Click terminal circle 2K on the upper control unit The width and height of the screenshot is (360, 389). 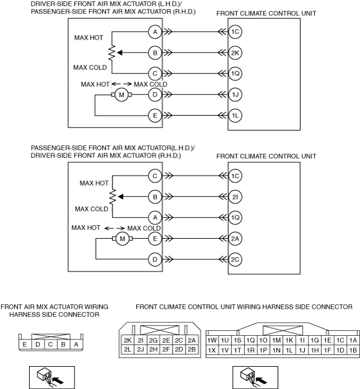tap(235, 53)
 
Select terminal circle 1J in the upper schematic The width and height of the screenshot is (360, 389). tap(235, 95)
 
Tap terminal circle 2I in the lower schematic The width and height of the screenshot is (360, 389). tap(235, 197)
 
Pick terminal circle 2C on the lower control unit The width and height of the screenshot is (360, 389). tap(235, 260)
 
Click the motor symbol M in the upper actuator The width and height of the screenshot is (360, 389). tap(122, 95)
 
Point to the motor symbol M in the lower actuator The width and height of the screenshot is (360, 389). tap(122, 239)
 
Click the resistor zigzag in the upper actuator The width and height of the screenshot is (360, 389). tap(112, 53)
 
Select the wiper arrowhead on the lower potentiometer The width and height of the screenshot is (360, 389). tap(121, 197)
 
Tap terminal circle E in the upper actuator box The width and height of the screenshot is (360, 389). tap(155, 116)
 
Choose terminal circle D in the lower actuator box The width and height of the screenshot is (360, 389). tap(155, 260)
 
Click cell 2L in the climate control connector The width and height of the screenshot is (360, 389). tap(127, 349)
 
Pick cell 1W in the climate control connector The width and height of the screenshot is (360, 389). tap(212, 340)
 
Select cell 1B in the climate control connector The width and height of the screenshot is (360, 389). tap(353, 350)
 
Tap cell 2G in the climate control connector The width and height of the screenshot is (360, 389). tap(153, 340)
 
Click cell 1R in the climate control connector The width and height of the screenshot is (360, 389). tap(251, 350)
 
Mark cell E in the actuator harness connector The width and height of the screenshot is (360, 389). tap(25, 344)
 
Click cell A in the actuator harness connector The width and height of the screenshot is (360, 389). tap(76, 344)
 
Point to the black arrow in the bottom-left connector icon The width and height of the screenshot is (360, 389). tap(59, 380)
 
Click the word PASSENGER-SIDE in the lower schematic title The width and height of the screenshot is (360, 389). tap(59, 148)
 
